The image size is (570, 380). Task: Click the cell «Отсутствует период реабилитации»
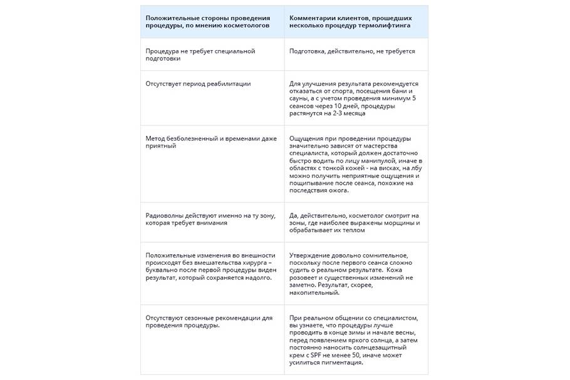click(198, 83)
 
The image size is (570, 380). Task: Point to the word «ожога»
click(339, 190)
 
